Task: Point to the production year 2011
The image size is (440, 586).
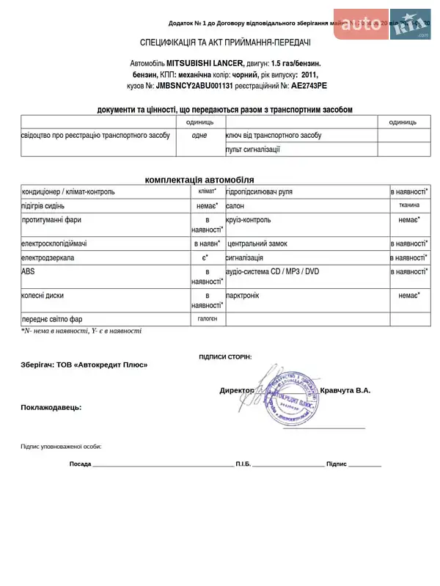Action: pos(309,75)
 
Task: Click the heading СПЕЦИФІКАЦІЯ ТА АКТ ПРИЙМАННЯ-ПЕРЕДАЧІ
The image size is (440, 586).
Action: pos(225,43)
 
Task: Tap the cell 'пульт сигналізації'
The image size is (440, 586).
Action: pos(253,150)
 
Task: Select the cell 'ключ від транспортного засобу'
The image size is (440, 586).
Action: pos(274,136)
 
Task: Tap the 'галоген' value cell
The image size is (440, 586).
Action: pos(207,319)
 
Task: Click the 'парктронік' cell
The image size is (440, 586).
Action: pos(242,296)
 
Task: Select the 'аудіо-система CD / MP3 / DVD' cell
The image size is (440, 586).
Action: pos(272,271)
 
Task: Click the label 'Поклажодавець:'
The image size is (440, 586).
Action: pos(51,407)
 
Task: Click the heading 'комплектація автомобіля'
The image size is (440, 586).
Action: pos(199,180)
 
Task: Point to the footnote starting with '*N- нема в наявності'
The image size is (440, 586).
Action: pos(81,332)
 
